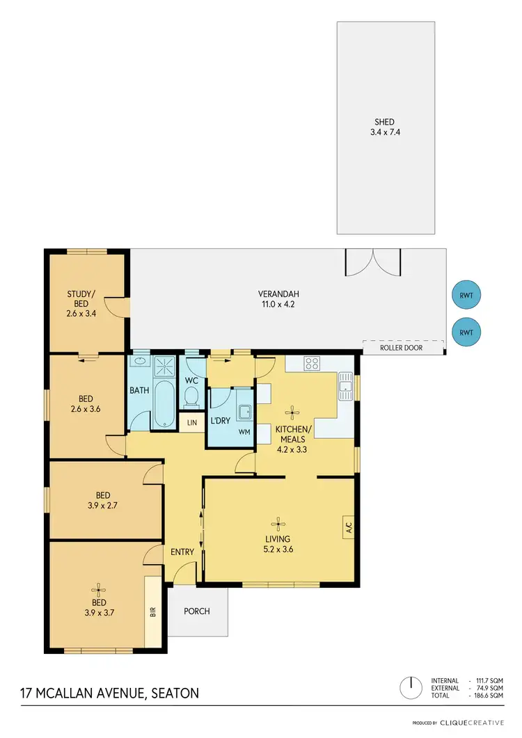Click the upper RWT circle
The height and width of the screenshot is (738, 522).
pyautogui.click(x=466, y=295)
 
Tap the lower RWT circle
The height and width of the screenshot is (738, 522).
pyautogui.click(x=466, y=332)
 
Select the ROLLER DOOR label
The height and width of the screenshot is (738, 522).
pyautogui.click(x=403, y=347)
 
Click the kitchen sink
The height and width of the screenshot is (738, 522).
pyautogui.click(x=345, y=386)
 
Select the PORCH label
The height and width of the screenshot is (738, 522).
pyautogui.click(x=196, y=611)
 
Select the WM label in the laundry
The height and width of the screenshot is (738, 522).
pyautogui.click(x=244, y=432)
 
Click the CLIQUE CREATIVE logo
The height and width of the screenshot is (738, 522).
pyautogui.click(x=473, y=723)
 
